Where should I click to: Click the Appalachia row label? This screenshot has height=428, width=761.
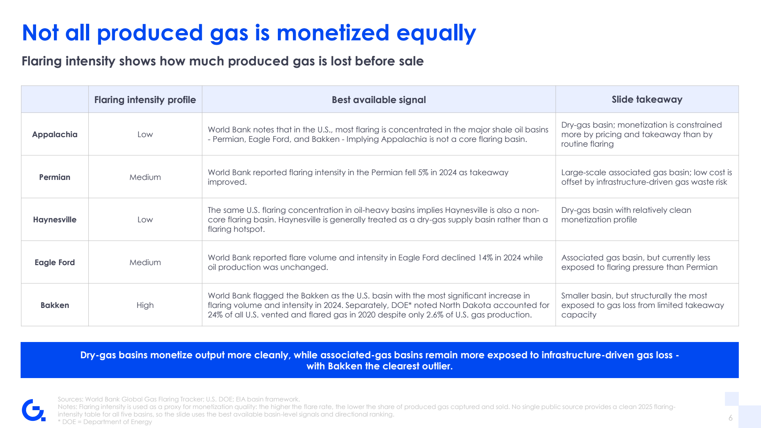pos(55,134)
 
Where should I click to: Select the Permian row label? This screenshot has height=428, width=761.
pos(55,177)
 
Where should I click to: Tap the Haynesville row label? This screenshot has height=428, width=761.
pos(55,220)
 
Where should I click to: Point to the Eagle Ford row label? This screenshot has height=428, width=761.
pos(55,262)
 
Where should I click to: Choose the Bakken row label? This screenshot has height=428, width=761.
pos(55,305)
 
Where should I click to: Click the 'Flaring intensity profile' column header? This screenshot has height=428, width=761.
pos(145,100)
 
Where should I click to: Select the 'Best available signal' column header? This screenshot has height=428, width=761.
pos(379,100)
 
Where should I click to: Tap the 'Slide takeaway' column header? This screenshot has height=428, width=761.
pos(647,99)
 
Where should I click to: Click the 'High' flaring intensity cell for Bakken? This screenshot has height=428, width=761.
pos(145,305)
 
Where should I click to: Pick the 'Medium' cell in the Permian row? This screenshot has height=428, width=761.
pos(145,177)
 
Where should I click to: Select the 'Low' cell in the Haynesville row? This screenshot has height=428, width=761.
pos(145,220)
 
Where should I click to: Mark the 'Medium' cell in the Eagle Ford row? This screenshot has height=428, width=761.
pos(145,262)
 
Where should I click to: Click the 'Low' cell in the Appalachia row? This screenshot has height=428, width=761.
pos(145,134)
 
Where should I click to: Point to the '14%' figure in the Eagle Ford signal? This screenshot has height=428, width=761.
pos(485,258)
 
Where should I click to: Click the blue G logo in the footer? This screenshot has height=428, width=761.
pos(33,410)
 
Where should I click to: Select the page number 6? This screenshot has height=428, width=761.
pos(730,418)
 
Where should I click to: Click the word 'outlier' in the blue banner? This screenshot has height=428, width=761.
pos(436,366)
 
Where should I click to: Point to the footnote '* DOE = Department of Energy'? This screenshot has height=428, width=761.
pos(105,422)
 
